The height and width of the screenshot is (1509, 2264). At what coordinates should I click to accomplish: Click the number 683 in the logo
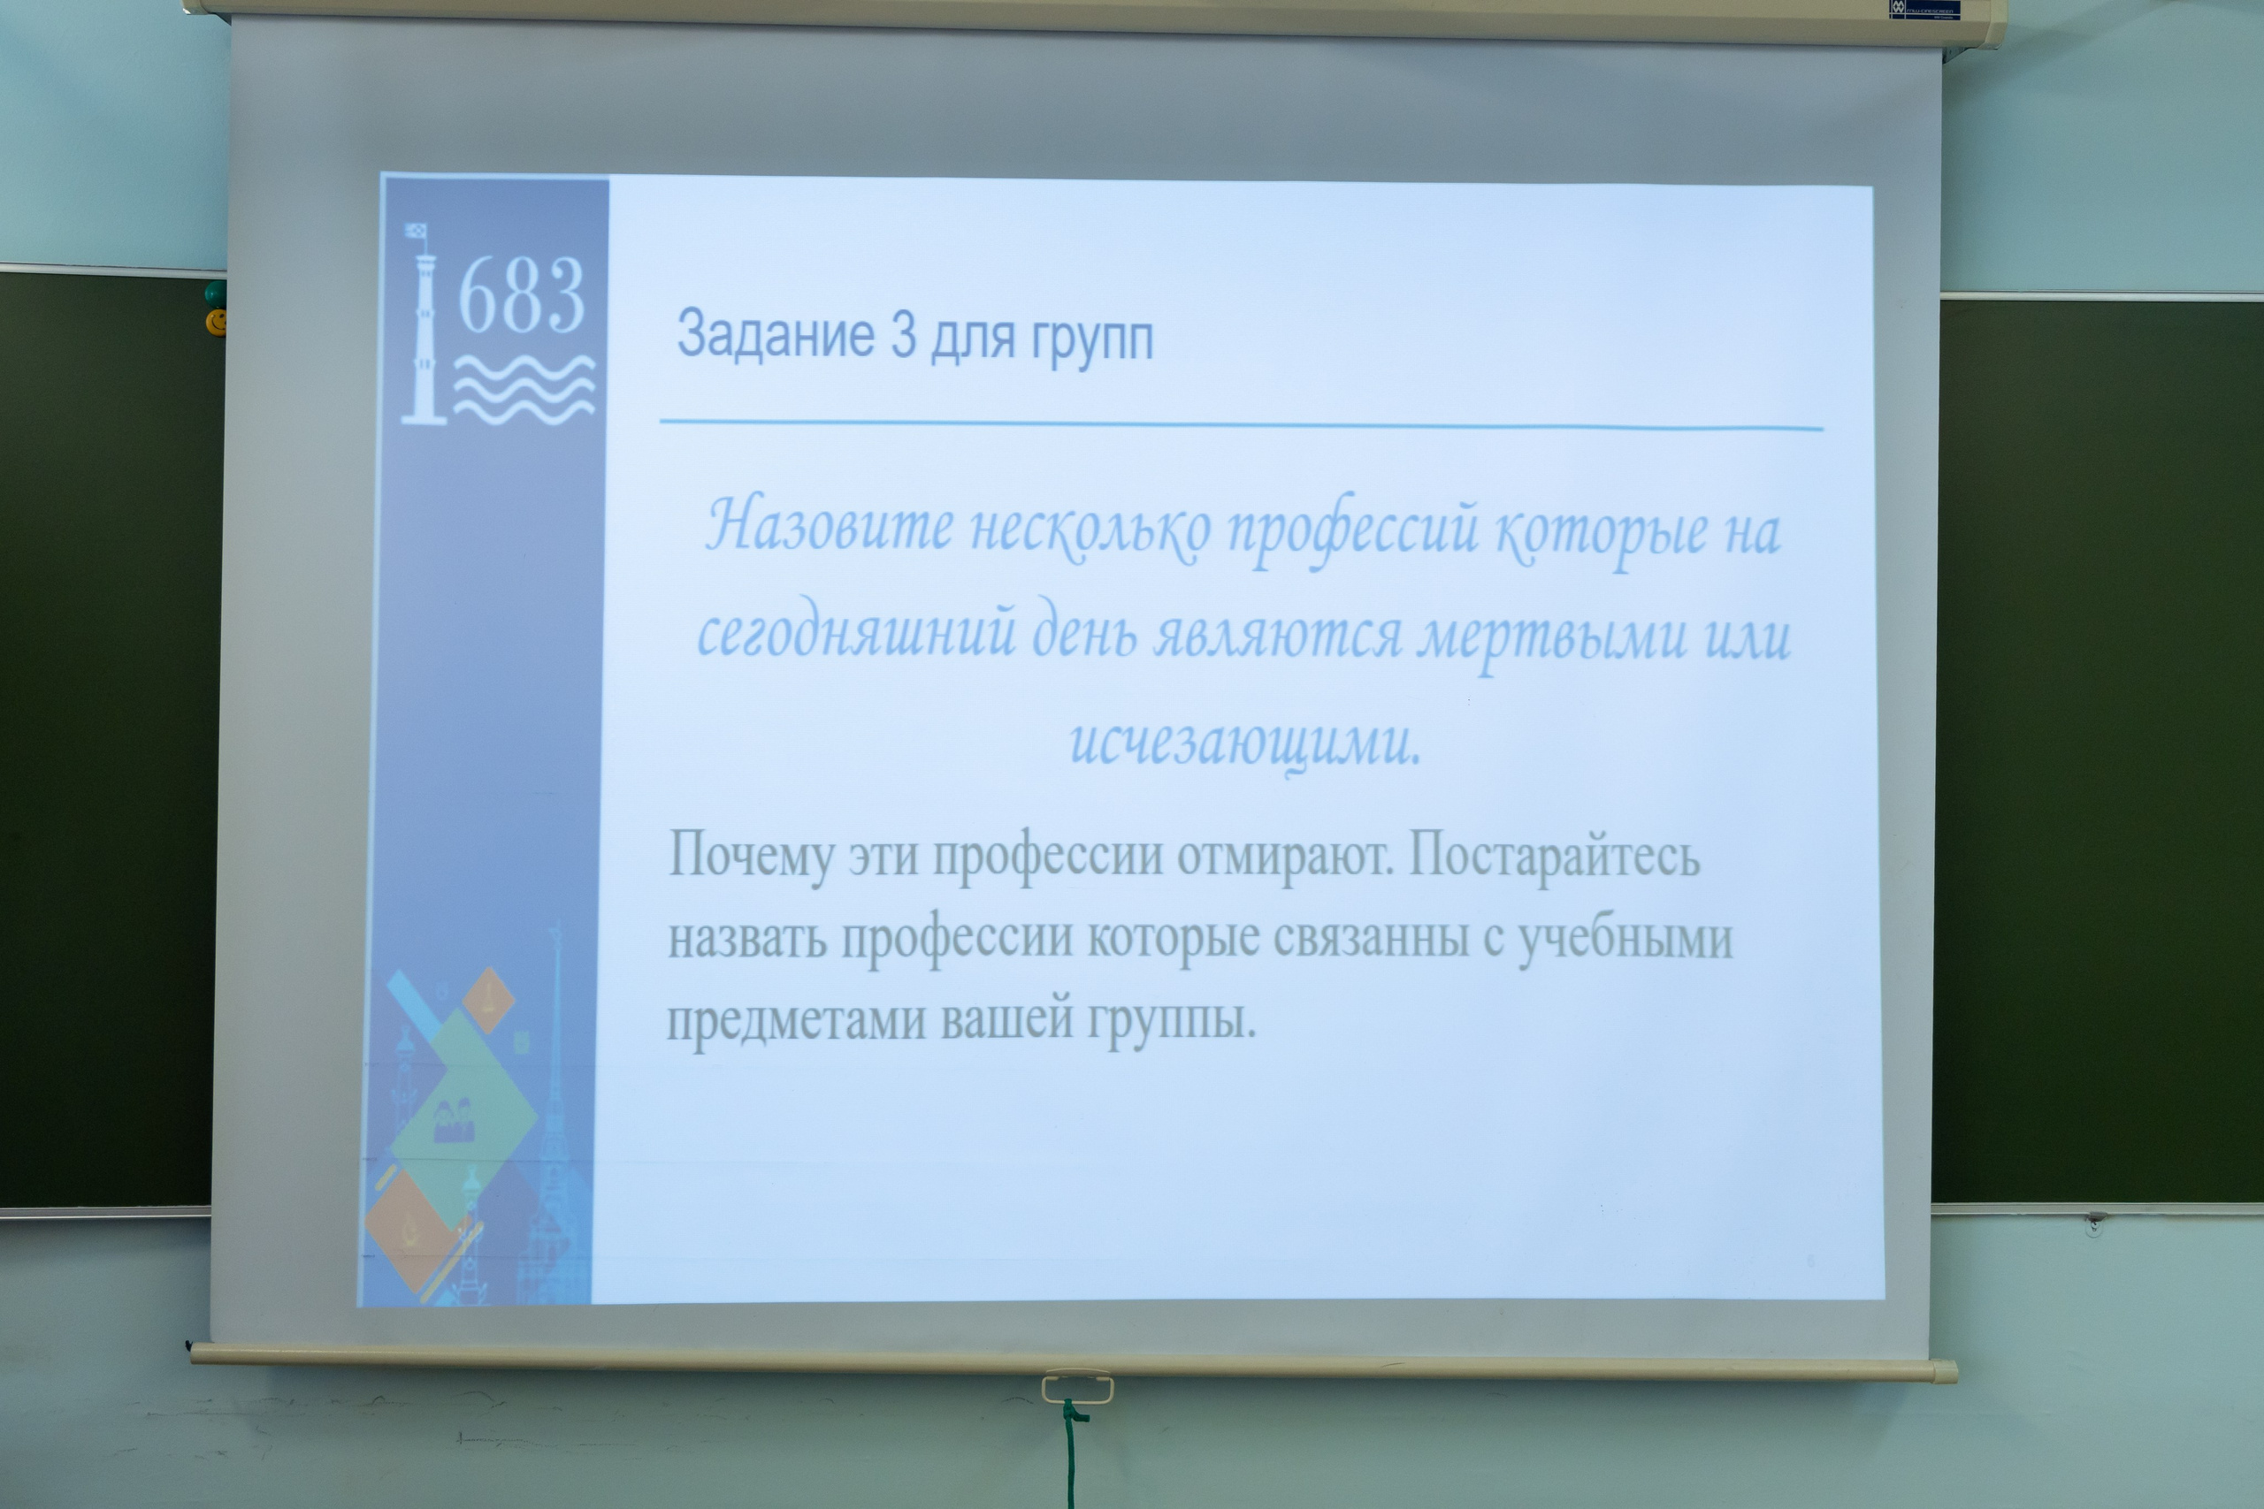(521, 295)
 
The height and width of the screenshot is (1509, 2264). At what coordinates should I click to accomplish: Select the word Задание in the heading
(775, 334)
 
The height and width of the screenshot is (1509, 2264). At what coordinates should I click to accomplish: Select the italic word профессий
(1352, 531)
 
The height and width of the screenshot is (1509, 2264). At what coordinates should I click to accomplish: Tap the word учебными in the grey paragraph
(1625, 938)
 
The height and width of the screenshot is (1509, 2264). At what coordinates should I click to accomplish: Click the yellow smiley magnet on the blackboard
(217, 321)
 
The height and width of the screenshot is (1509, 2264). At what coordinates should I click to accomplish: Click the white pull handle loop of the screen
(1076, 1388)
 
